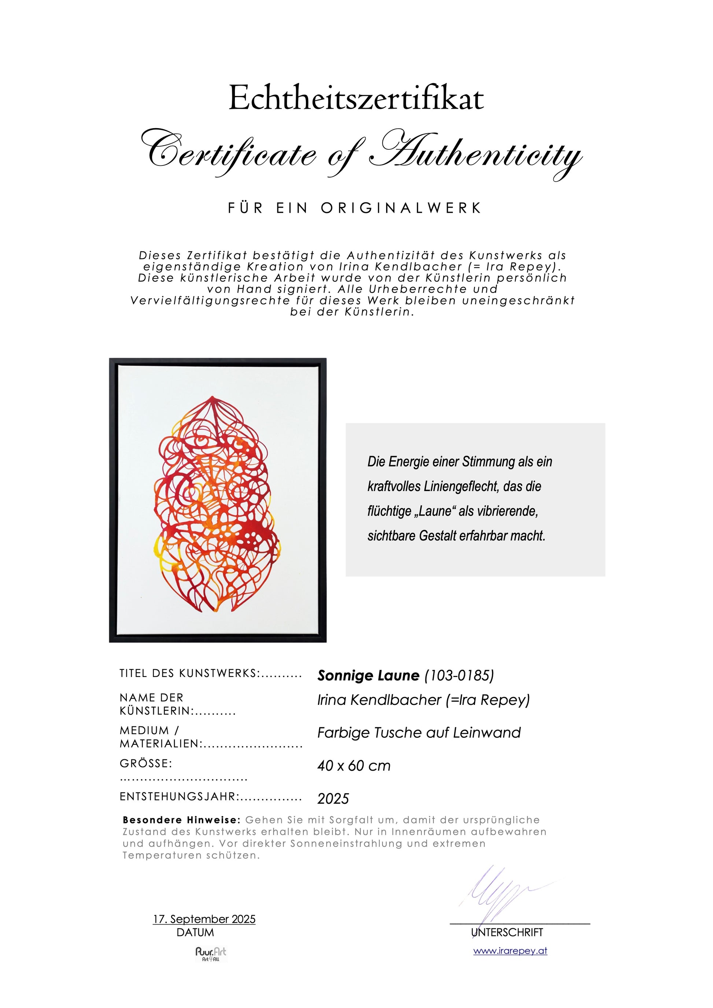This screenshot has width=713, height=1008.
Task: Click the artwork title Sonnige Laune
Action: (368, 675)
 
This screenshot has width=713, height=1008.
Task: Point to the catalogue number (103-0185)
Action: (459, 675)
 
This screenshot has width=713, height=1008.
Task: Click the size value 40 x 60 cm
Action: (354, 766)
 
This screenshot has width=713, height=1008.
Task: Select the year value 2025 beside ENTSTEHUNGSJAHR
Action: (333, 799)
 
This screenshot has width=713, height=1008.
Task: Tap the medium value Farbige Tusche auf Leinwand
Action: (419, 733)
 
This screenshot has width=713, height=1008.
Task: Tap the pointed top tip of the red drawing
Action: (213, 397)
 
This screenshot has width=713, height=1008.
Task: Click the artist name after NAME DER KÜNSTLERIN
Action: (424, 700)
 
